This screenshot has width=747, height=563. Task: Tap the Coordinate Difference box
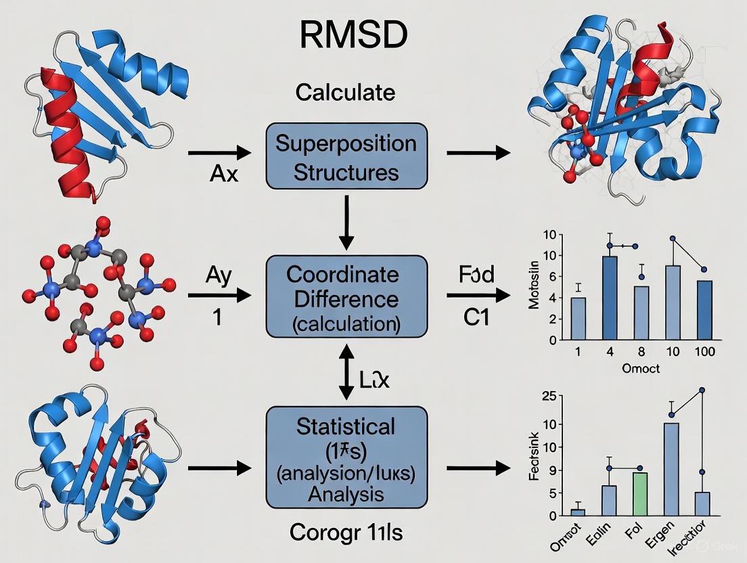tap(346, 297)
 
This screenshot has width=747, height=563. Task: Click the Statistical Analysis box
tap(346, 457)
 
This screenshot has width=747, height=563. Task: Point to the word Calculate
tap(345, 92)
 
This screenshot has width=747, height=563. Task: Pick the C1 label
tap(476, 316)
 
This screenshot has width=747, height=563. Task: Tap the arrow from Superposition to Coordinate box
tap(346, 221)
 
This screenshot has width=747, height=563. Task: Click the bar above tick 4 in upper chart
tap(610, 298)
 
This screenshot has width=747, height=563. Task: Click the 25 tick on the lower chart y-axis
tap(566, 396)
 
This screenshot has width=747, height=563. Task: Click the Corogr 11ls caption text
tap(346, 533)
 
